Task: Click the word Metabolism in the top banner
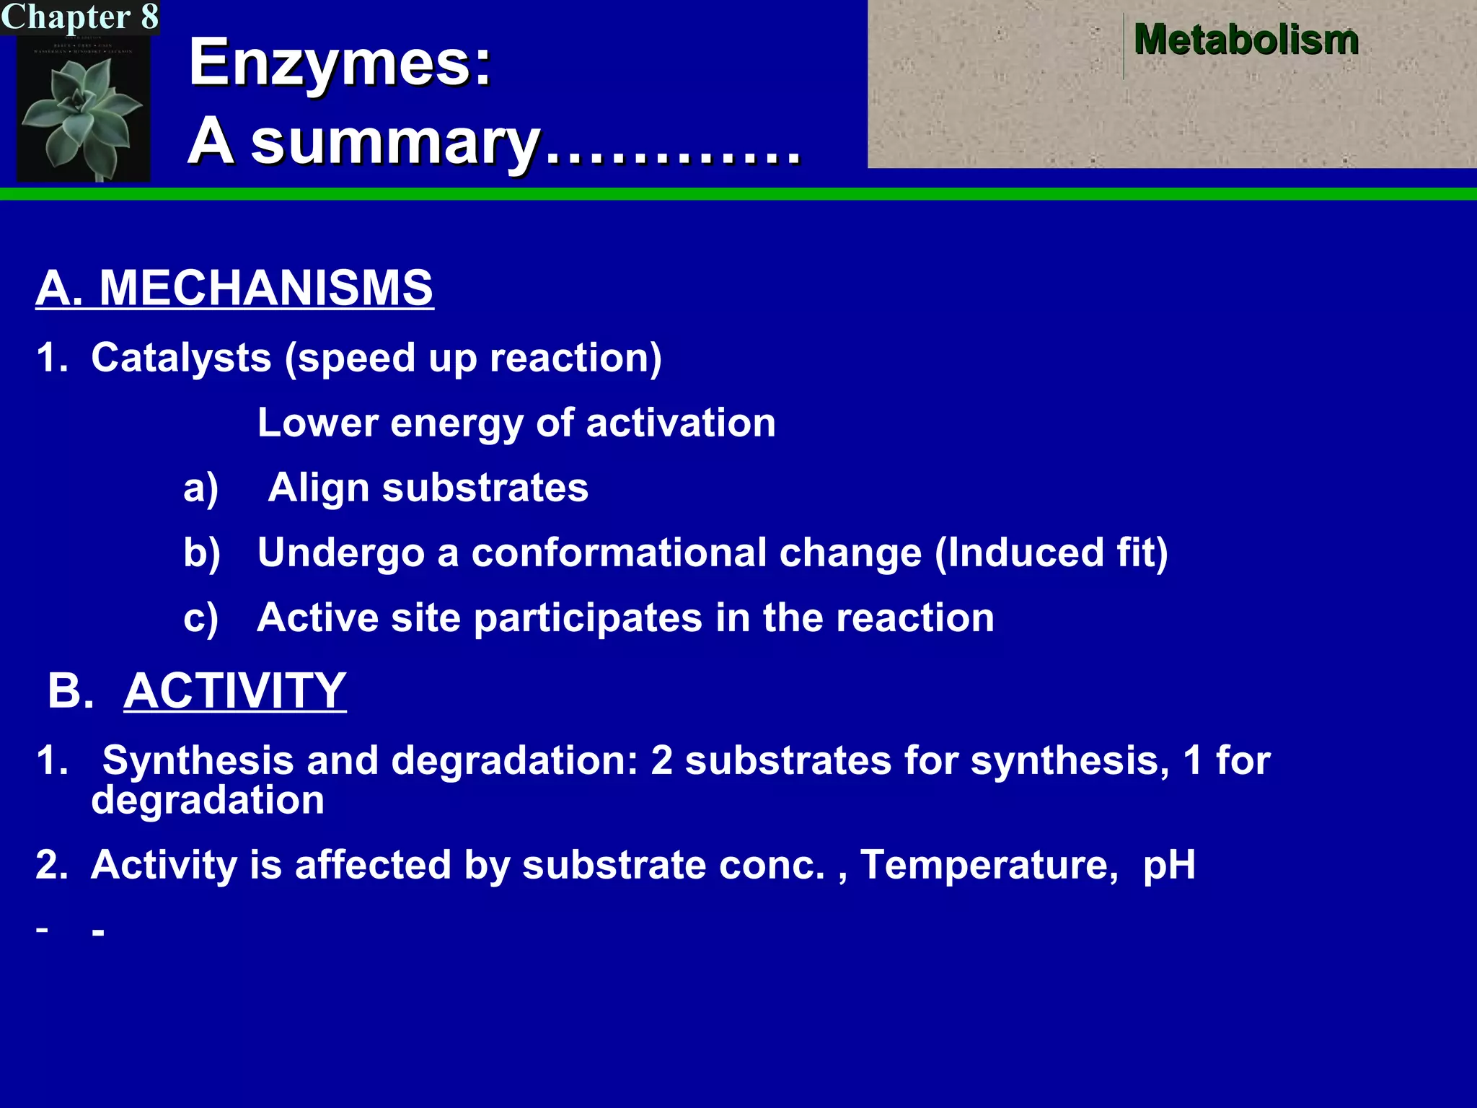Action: click(1245, 40)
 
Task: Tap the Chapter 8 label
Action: click(79, 17)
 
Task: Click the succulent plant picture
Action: click(83, 108)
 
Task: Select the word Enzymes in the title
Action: click(340, 63)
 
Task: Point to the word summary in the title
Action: click(395, 143)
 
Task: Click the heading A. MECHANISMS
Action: click(234, 288)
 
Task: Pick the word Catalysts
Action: click(181, 358)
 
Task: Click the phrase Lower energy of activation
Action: click(516, 423)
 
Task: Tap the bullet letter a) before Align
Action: click(200, 488)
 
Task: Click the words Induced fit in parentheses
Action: click(1051, 553)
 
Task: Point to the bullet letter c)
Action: click(200, 618)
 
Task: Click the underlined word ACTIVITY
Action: click(235, 691)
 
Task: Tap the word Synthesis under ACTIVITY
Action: click(198, 760)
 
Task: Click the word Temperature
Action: click(989, 865)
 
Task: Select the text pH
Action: click(1168, 866)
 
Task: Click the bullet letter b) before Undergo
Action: click(201, 553)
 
